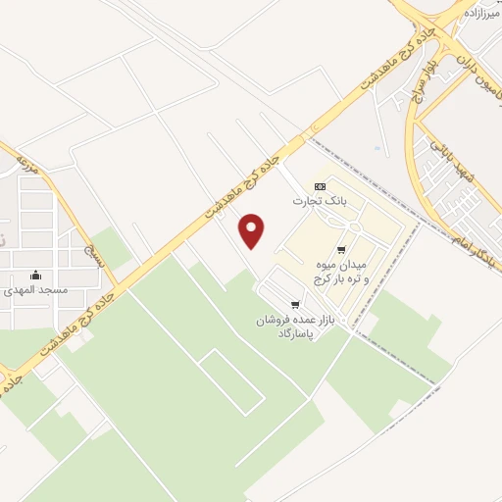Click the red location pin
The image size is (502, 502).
click(x=253, y=229)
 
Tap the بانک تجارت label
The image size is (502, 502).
click(x=321, y=200)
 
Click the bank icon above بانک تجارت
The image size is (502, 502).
click(x=321, y=185)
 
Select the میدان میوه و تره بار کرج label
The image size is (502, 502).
click(x=341, y=273)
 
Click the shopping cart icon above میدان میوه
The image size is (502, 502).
click(x=341, y=250)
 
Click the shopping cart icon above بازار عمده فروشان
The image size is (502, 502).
click(x=296, y=305)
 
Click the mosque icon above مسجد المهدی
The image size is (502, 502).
click(x=36, y=275)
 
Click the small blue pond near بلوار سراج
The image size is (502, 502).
click(x=378, y=148)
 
